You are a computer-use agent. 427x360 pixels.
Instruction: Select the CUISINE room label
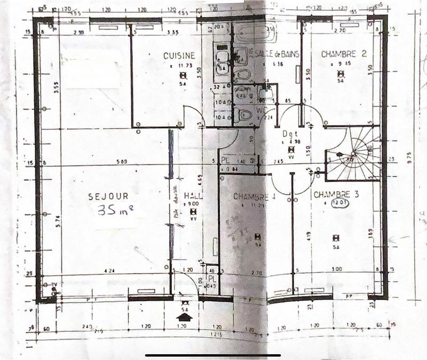[179, 55]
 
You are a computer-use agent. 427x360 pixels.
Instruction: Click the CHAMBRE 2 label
[344, 54]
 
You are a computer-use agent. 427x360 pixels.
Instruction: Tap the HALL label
[192, 195]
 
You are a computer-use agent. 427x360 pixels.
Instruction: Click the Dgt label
[289, 134]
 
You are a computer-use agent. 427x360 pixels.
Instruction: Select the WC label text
[262, 110]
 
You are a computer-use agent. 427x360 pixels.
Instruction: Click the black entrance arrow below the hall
[185, 317]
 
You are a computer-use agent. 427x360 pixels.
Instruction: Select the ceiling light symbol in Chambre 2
[341, 75]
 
